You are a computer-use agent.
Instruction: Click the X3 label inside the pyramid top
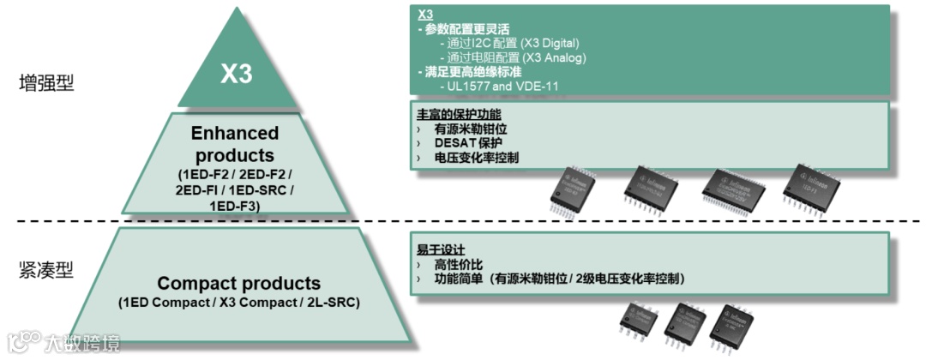click(237, 75)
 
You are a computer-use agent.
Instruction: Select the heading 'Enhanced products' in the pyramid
click(235, 144)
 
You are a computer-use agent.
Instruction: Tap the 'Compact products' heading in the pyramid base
click(238, 283)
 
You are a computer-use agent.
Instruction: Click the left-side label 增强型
click(46, 83)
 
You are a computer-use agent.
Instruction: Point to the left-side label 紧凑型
click(46, 271)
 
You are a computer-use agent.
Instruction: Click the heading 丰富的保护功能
click(460, 114)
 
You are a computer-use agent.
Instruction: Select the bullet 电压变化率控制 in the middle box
click(476, 158)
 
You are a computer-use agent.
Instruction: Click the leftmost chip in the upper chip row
click(573, 189)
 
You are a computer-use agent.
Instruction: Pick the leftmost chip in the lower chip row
click(639, 324)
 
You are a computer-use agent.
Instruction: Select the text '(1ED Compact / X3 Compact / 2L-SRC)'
click(238, 303)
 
